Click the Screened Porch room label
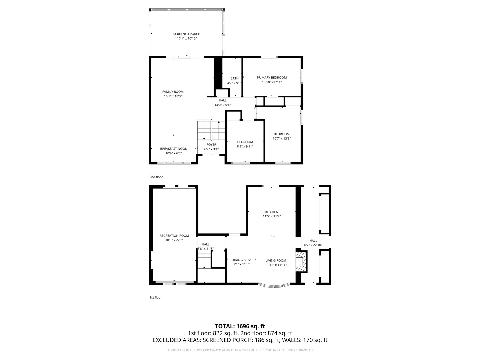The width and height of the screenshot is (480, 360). [x=187, y=34]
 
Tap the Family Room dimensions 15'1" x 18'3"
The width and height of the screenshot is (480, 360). [x=173, y=96]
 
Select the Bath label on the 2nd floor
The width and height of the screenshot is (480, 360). [x=234, y=78]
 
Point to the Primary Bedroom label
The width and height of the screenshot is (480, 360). [x=272, y=78]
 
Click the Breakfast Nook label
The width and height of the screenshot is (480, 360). [x=174, y=149]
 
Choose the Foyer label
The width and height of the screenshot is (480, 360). [x=211, y=145]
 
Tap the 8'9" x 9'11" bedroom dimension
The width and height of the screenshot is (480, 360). [x=245, y=146]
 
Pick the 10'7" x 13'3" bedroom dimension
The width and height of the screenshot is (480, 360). [x=282, y=138]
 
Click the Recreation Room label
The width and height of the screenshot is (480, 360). [x=174, y=236]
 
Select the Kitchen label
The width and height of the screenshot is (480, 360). [x=272, y=212]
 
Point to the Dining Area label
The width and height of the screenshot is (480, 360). [x=241, y=260]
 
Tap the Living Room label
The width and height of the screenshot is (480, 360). [x=276, y=261]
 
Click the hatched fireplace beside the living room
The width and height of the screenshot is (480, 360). [x=301, y=262]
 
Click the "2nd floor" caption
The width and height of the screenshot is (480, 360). [x=156, y=177]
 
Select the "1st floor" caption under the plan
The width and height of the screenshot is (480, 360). [x=155, y=297]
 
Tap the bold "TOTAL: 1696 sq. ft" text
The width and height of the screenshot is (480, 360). [x=240, y=326]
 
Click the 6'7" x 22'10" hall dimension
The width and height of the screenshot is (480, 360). [x=313, y=245]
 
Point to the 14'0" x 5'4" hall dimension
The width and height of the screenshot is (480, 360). [x=223, y=105]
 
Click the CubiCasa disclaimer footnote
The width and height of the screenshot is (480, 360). [x=240, y=350]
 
